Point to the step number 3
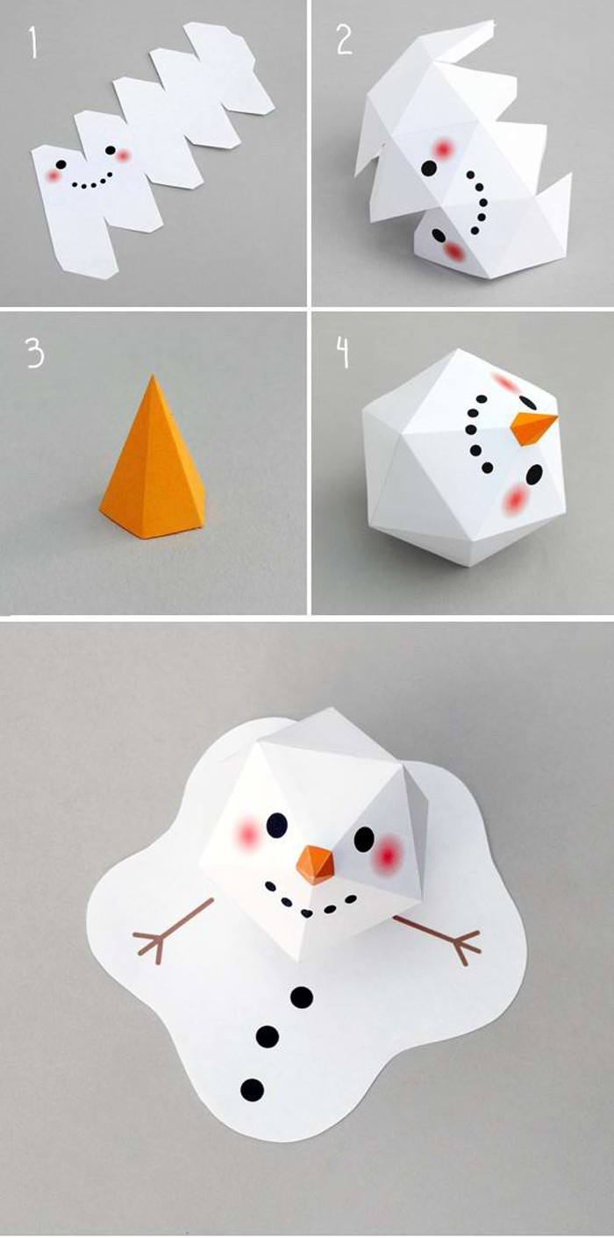coord(35,354)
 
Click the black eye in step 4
coord(532,475)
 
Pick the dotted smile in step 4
coord(475,427)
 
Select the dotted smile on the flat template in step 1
coord(91,182)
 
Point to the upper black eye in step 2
coord(429,168)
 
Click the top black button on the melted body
coord(301,996)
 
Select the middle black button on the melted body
coord(268,1037)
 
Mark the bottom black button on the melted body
coord(252,1090)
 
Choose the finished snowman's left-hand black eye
coord(277,824)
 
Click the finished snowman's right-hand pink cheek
coord(386,855)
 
